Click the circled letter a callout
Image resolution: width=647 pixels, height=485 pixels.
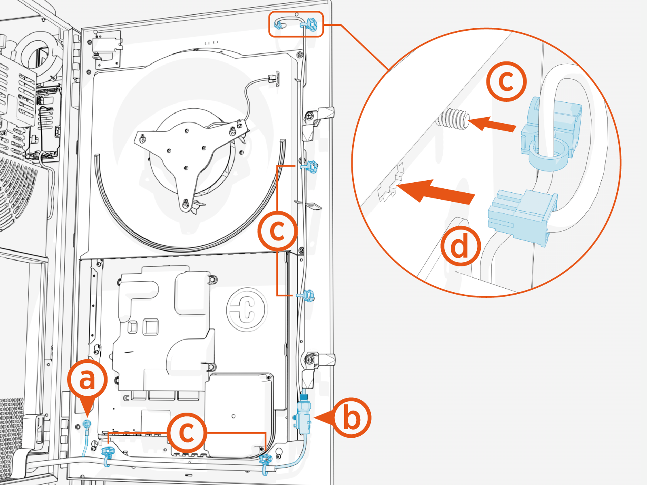(x=87, y=379)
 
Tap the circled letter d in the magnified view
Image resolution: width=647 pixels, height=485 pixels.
(x=461, y=247)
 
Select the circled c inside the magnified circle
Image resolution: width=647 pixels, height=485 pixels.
(x=506, y=82)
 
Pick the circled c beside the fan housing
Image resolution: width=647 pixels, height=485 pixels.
(x=278, y=230)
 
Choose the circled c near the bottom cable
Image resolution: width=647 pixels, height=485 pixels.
(x=187, y=432)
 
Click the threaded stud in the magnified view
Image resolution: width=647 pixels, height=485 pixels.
(x=453, y=120)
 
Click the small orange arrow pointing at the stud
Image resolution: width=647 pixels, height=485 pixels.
(x=493, y=124)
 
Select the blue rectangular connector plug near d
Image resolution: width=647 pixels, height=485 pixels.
(x=522, y=216)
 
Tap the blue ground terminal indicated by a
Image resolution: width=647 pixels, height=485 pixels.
(x=86, y=424)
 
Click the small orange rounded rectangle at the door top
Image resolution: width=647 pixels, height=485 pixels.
(x=296, y=25)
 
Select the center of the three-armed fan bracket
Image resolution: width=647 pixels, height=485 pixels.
(x=185, y=154)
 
